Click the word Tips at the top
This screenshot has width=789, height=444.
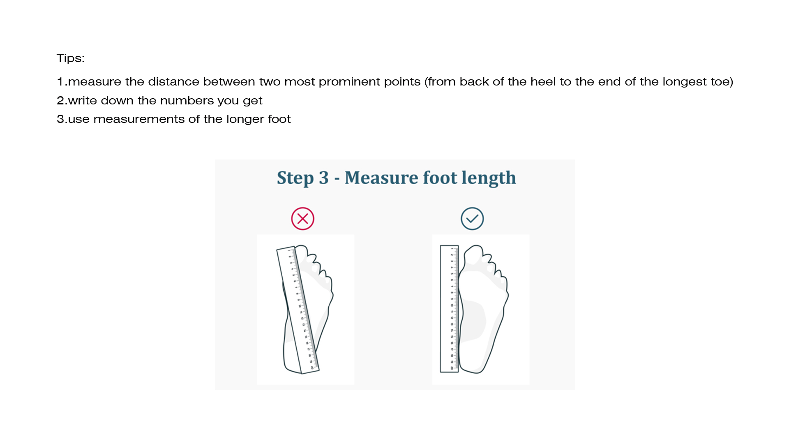[x=69, y=58]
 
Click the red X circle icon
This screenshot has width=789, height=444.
[x=303, y=219]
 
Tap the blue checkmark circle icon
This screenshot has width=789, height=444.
[x=472, y=219]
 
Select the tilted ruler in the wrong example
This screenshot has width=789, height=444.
[x=298, y=310]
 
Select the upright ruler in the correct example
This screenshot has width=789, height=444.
[x=449, y=309]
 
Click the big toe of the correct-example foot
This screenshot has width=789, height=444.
[x=473, y=255]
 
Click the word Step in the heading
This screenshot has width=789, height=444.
[x=295, y=178]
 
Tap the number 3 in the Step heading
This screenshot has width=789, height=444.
[x=324, y=178]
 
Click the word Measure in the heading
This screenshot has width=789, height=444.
[x=381, y=178]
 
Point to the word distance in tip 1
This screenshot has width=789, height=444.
[x=173, y=82]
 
